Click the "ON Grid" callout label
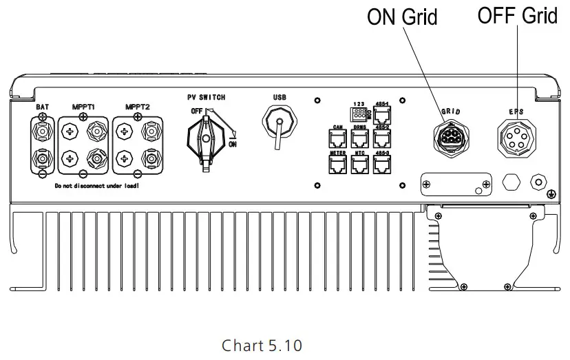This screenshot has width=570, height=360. click(402, 17)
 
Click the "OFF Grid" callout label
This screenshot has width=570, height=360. click(518, 15)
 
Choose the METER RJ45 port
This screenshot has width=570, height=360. click(338, 164)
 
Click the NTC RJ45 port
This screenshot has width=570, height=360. click(360, 164)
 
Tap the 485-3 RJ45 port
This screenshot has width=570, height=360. click(383, 164)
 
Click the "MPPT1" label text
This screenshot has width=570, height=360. click(85, 107)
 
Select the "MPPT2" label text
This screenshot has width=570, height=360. click(138, 107)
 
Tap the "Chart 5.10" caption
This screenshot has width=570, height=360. click(262, 344)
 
